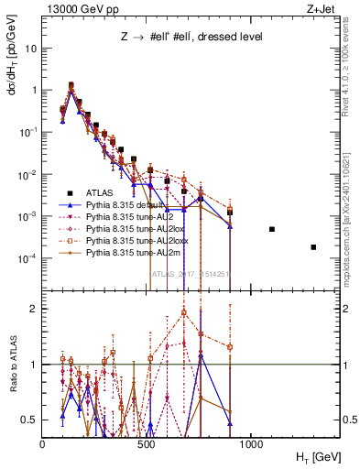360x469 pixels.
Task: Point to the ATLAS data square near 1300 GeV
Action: [313, 247]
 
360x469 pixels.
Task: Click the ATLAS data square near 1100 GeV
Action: [272, 229]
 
